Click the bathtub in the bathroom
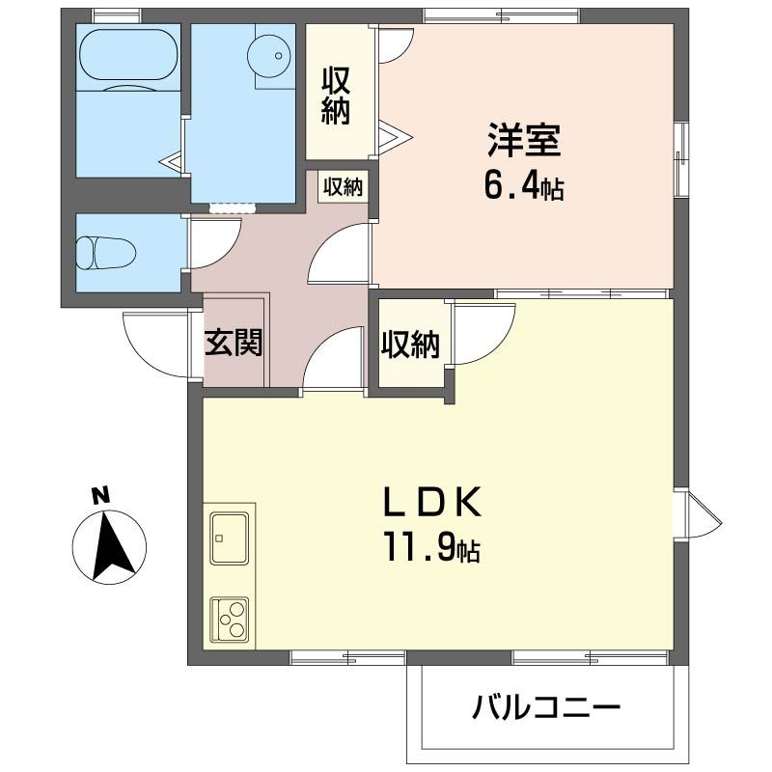click(127, 55)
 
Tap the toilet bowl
click(107, 253)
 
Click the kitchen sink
click(230, 538)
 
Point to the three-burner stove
click(230, 620)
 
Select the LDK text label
click(432, 501)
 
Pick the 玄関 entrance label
click(234, 343)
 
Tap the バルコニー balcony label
click(546, 708)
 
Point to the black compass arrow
click(113, 544)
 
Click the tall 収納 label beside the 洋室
click(336, 96)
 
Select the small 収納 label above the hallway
click(344, 187)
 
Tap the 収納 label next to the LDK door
click(410, 345)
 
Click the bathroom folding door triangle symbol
click(172, 160)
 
